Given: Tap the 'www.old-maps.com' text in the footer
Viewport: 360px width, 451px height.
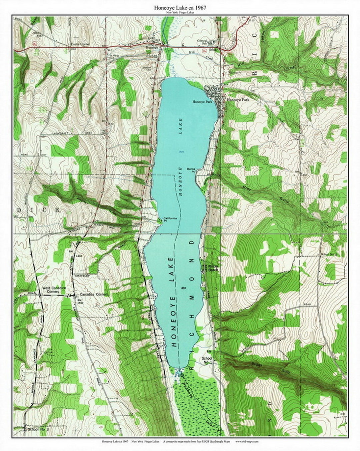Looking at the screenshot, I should (x=247, y=441).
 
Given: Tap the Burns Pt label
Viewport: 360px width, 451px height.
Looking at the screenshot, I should (x=191, y=170).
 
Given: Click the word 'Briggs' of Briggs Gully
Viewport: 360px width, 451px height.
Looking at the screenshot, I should (x=264, y=365).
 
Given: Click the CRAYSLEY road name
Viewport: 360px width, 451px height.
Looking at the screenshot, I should (x=82, y=276).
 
